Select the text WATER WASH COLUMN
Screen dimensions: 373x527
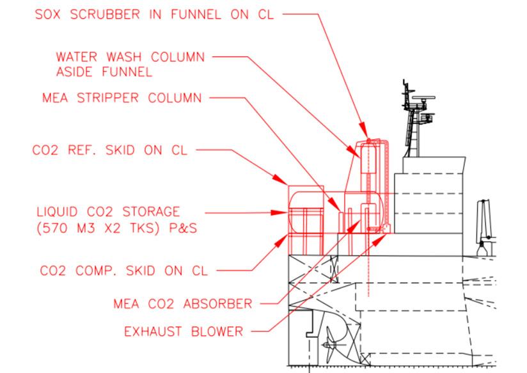[130, 57]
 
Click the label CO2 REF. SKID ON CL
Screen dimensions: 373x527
[109, 151]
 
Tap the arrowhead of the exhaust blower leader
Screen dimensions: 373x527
[385, 236]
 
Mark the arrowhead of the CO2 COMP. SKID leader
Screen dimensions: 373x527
[287, 236]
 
